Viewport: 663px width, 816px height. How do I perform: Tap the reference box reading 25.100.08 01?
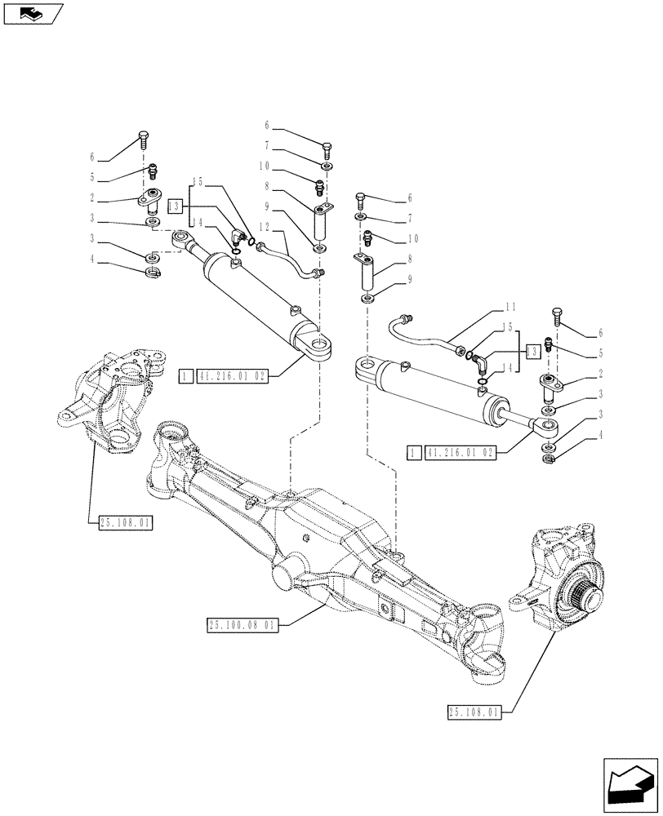click(243, 625)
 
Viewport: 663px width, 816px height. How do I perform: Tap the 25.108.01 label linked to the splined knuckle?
click(474, 712)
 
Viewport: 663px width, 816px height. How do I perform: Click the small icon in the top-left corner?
click(32, 13)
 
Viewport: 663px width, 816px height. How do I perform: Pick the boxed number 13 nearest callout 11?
click(533, 349)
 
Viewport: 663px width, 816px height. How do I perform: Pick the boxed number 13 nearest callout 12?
click(174, 206)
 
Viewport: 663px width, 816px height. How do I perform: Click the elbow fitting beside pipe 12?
click(236, 239)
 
